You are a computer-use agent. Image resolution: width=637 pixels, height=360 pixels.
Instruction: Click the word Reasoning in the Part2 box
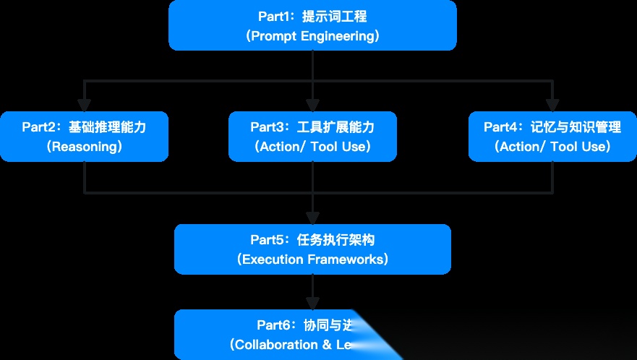coord(84,147)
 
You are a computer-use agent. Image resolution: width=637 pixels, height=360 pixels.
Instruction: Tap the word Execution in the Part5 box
coord(270,259)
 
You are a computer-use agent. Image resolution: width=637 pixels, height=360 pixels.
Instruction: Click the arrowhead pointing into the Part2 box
coord(85,106)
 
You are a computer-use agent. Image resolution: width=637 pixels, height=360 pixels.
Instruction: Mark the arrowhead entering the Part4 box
coord(552,106)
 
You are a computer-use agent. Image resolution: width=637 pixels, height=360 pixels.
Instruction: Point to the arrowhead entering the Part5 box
coord(312,218)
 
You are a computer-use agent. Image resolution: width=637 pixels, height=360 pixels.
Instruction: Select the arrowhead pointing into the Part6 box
coord(312,303)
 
